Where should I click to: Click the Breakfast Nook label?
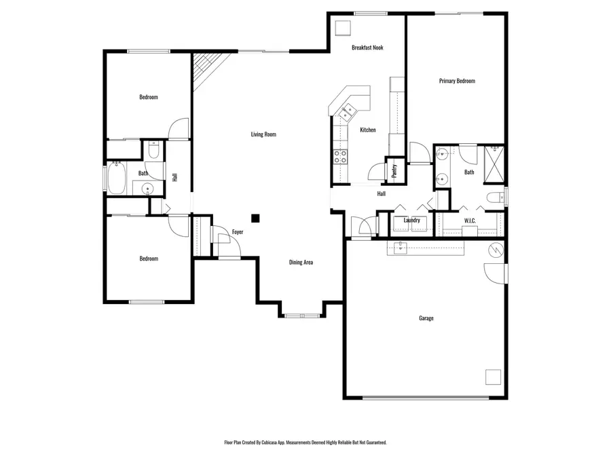(x=367, y=48)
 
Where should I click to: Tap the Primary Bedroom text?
(x=457, y=81)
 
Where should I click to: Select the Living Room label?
(x=263, y=135)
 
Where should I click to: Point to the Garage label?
(x=426, y=318)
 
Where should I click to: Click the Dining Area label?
(x=301, y=263)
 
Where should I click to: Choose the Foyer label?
(x=238, y=233)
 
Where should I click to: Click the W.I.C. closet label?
(x=470, y=221)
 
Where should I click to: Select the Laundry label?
(x=411, y=221)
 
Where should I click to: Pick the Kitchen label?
(x=368, y=130)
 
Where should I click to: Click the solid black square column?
(x=255, y=218)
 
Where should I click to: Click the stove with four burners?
(x=339, y=157)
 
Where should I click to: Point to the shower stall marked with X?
(x=495, y=165)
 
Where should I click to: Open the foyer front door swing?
(x=220, y=237)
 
